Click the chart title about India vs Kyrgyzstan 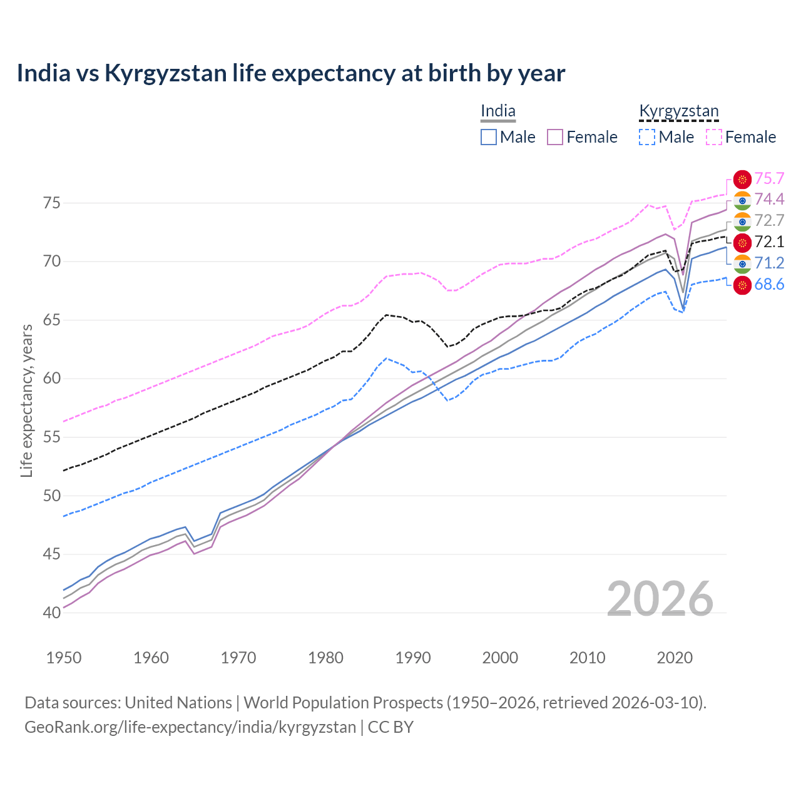[291, 73]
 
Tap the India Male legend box [489, 137]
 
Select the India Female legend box [555, 137]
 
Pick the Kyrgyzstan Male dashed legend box [647, 137]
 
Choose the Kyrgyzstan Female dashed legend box [714, 137]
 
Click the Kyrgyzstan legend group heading [678, 111]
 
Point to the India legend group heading [498, 111]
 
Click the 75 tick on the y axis [51, 203]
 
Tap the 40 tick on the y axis [51, 613]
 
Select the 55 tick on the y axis [51, 437]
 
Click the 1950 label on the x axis [64, 658]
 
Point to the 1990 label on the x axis [413, 658]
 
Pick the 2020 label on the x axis [675, 658]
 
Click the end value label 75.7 [769, 179]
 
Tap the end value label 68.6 [769, 285]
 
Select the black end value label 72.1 [769, 242]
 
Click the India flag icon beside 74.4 [742, 200]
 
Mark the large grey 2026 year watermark [660, 599]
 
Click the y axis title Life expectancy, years [27, 400]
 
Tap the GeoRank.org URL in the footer [190, 727]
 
